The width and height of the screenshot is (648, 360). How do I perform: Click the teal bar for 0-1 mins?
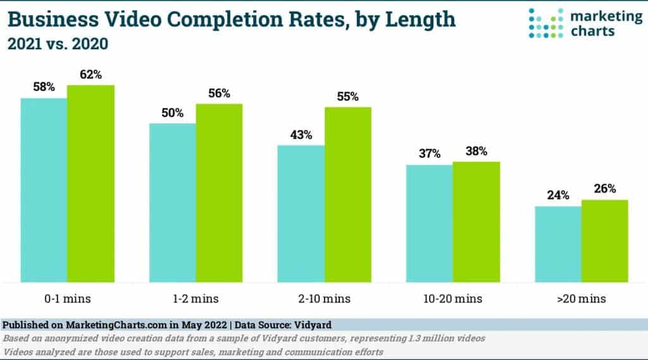pos(44,190)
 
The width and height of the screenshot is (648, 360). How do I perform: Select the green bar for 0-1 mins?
pos(90,183)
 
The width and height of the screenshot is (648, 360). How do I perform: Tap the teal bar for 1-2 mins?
pos(172,202)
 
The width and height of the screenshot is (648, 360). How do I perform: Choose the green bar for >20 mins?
pos(604,240)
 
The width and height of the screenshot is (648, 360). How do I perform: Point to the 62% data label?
pos(90,75)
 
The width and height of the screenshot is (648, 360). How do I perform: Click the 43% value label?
pos(301,135)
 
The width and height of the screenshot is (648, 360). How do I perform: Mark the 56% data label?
pos(219,93)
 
